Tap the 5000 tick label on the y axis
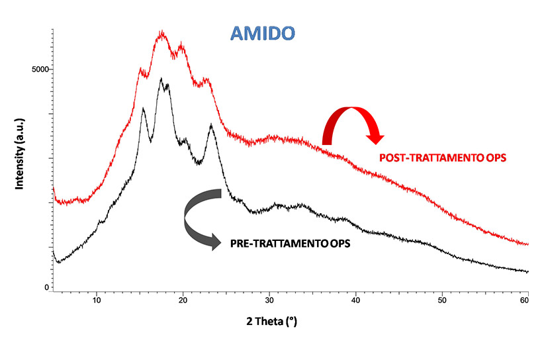pos(40,69)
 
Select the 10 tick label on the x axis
pos(97,300)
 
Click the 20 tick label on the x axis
pos(183,300)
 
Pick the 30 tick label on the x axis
pos(269,300)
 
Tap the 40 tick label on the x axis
pos(355,300)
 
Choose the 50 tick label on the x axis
pos(441,300)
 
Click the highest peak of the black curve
pos(161,79)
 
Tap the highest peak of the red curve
pos(161,32)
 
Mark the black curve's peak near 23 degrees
pos(211,124)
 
